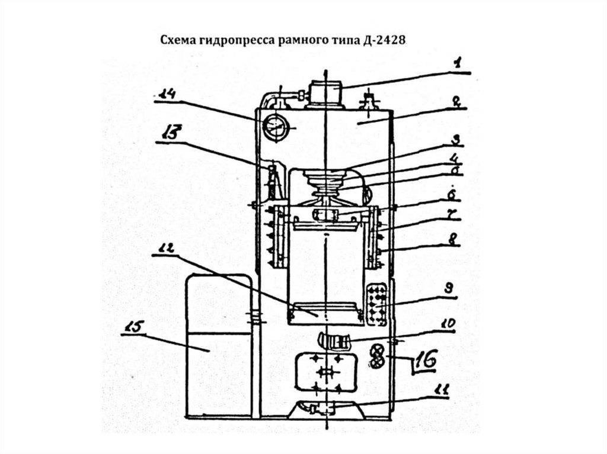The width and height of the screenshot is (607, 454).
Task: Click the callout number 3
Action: (x=455, y=140)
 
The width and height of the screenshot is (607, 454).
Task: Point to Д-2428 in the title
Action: (x=388, y=40)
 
